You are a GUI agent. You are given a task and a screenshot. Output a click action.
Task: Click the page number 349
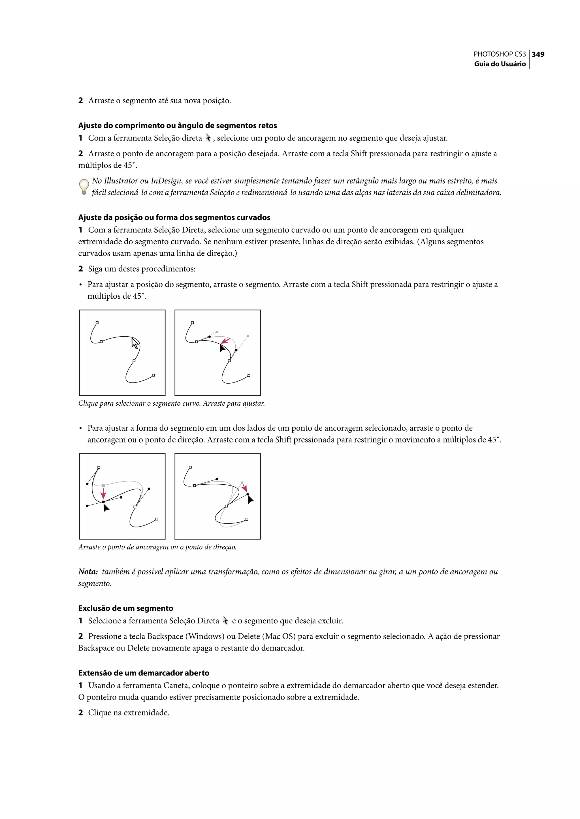tap(538, 54)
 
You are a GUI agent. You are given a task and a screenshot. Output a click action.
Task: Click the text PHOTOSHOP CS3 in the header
tap(499, 54)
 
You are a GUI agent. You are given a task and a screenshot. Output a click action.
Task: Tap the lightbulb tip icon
tap(84, 186)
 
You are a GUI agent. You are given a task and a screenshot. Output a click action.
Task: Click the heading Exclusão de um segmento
tap(125, 608)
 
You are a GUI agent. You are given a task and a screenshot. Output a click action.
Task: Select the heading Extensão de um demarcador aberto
tap(144, 673)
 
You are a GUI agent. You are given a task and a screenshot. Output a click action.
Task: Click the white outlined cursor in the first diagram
tap(135, 343)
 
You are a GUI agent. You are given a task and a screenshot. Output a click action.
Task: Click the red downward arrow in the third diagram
tap(103, 494)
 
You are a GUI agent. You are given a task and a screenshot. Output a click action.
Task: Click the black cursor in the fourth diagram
tap(250, 499)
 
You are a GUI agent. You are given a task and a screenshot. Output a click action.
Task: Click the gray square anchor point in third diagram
tap(103, 486)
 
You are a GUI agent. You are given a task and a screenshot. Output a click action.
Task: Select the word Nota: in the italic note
tap(88, 572)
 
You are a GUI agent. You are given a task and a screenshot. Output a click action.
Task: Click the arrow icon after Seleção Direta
tap(225, 621)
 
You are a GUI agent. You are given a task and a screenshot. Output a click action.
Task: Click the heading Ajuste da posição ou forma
tap(174, 217)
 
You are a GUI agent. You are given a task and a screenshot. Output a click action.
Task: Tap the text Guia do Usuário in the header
tap(500, 64)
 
